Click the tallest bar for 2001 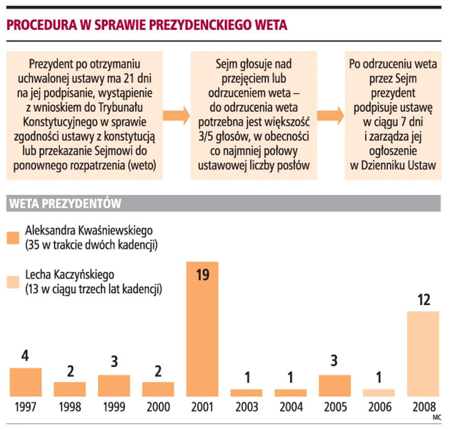point(202,329)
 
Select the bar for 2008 point(423,354)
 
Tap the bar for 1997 point(26,382)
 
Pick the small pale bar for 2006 point(379,392)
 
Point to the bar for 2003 point(246,392)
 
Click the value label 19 point(202,275)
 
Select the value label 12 point(423,301)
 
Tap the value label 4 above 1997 point(26,357)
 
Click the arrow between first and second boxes point(176,115)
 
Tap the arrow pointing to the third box point(330,115)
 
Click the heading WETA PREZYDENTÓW point(65,203)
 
